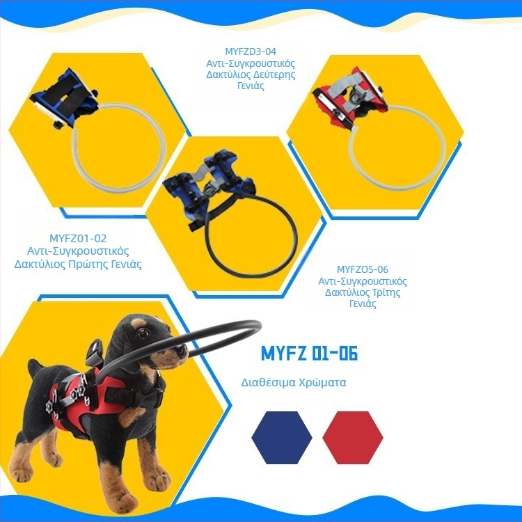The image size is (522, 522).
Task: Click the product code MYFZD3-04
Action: pyautogui.click(x=251, y=52)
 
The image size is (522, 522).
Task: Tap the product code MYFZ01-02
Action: pyautogui.click(x=78, y=238)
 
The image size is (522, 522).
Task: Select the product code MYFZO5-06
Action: pyautogui.click(x=363, y=269)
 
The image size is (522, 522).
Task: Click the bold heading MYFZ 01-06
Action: pyautogui.click(x=309, y=353)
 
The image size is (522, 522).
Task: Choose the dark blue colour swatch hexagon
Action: pyautogui.click(x=282, y=438)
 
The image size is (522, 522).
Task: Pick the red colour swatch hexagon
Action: pyautogui.click(x=353, y=438)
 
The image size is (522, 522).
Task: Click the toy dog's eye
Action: pyautogui.click(x=143, y=333)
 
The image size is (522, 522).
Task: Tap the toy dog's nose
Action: pyautogui.click(x=184, y=351)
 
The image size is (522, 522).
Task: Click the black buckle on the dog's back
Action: pyautogui.click(x=94, y=351)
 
